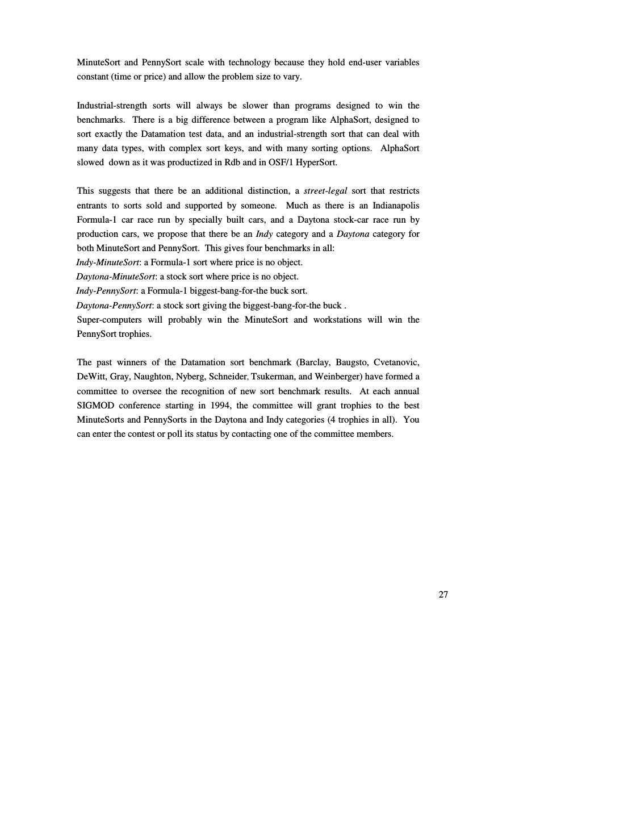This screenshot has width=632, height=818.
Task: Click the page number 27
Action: pos(443,595)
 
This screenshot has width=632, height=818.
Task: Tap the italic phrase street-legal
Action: pos(325,191)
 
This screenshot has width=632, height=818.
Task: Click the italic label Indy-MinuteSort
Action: pos(108,262)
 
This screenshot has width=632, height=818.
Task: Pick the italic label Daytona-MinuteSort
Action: pos(116,277)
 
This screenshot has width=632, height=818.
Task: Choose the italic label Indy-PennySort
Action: pos(106,291)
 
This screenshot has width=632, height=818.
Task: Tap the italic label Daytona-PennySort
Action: pos(114,306)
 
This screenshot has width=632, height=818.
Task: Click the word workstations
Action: pos(337,320)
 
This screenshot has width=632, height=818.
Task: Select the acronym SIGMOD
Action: pos(95,406)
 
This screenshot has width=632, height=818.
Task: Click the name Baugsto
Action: pos(351,362)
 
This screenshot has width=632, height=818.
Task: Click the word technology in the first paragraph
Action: pos(249,62)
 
